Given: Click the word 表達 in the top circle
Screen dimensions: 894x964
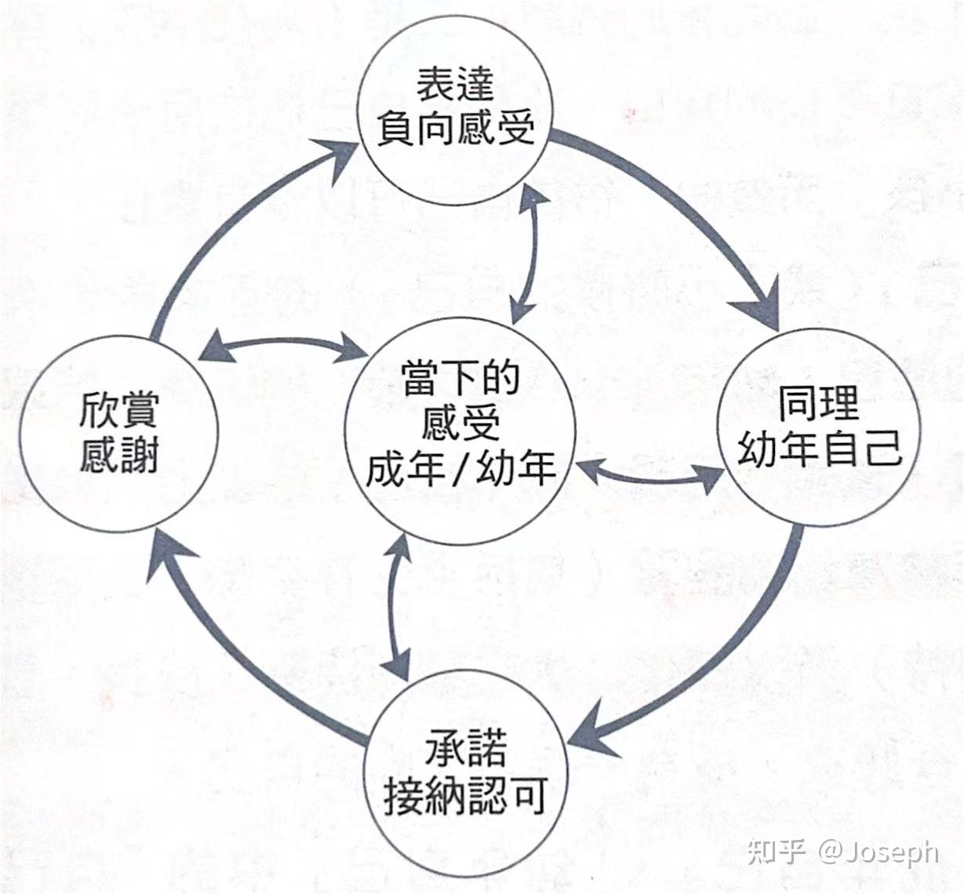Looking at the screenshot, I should point(455,84).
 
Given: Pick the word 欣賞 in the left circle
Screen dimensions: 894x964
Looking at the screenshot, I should point(119,410).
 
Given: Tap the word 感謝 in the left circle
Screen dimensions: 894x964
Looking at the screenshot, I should point(119,455).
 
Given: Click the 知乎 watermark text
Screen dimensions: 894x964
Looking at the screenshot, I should point(777,852).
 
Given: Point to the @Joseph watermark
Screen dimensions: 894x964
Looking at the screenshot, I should point(879,852).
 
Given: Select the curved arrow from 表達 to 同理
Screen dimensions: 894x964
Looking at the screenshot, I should point(690,212).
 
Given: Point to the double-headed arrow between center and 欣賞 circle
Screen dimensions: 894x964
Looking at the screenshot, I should point(282,345).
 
